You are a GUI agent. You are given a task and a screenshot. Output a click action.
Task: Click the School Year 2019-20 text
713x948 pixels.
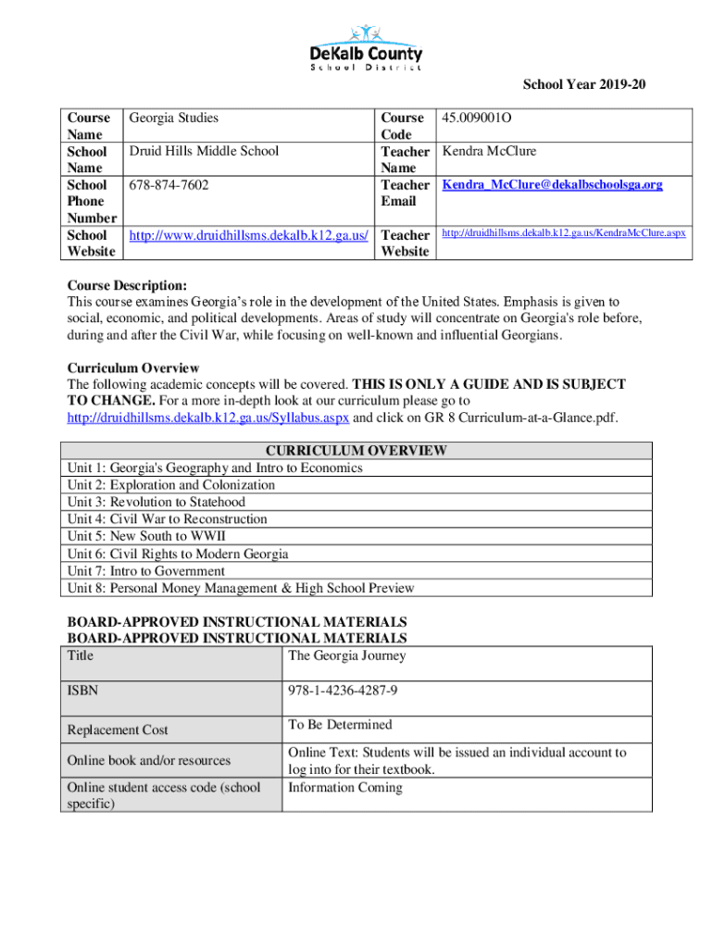pos(584,86)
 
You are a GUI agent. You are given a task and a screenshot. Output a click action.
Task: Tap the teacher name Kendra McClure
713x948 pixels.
pos(489,152)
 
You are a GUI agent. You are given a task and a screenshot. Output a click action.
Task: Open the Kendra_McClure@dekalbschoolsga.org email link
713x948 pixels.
pos(552,185)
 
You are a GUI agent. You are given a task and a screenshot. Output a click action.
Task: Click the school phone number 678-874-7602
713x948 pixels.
pos(169,185)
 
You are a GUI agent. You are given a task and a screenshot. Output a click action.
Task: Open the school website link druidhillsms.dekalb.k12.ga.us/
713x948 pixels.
pos(249,235)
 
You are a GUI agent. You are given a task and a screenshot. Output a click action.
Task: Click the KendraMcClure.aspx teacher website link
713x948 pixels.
pos(563,233)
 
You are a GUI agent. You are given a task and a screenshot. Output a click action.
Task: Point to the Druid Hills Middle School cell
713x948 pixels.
pos(204,152)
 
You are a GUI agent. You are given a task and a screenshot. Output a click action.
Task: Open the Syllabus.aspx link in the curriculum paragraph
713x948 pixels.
pos(208,418)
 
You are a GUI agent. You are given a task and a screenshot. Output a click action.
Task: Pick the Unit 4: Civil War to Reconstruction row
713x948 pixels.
pos(168,519)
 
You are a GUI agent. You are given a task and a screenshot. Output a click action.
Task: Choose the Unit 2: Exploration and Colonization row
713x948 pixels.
pos(171,485)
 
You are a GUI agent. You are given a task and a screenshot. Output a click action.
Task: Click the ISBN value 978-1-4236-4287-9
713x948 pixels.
pos(344,691)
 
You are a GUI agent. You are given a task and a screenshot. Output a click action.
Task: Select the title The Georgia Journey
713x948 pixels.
pos(347,656)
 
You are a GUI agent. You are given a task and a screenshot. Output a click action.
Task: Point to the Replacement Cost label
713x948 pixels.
pos(118,730)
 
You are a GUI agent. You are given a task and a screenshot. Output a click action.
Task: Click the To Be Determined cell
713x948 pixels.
pos(340,725)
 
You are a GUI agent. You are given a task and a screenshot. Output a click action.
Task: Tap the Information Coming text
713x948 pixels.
pos(345,788)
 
